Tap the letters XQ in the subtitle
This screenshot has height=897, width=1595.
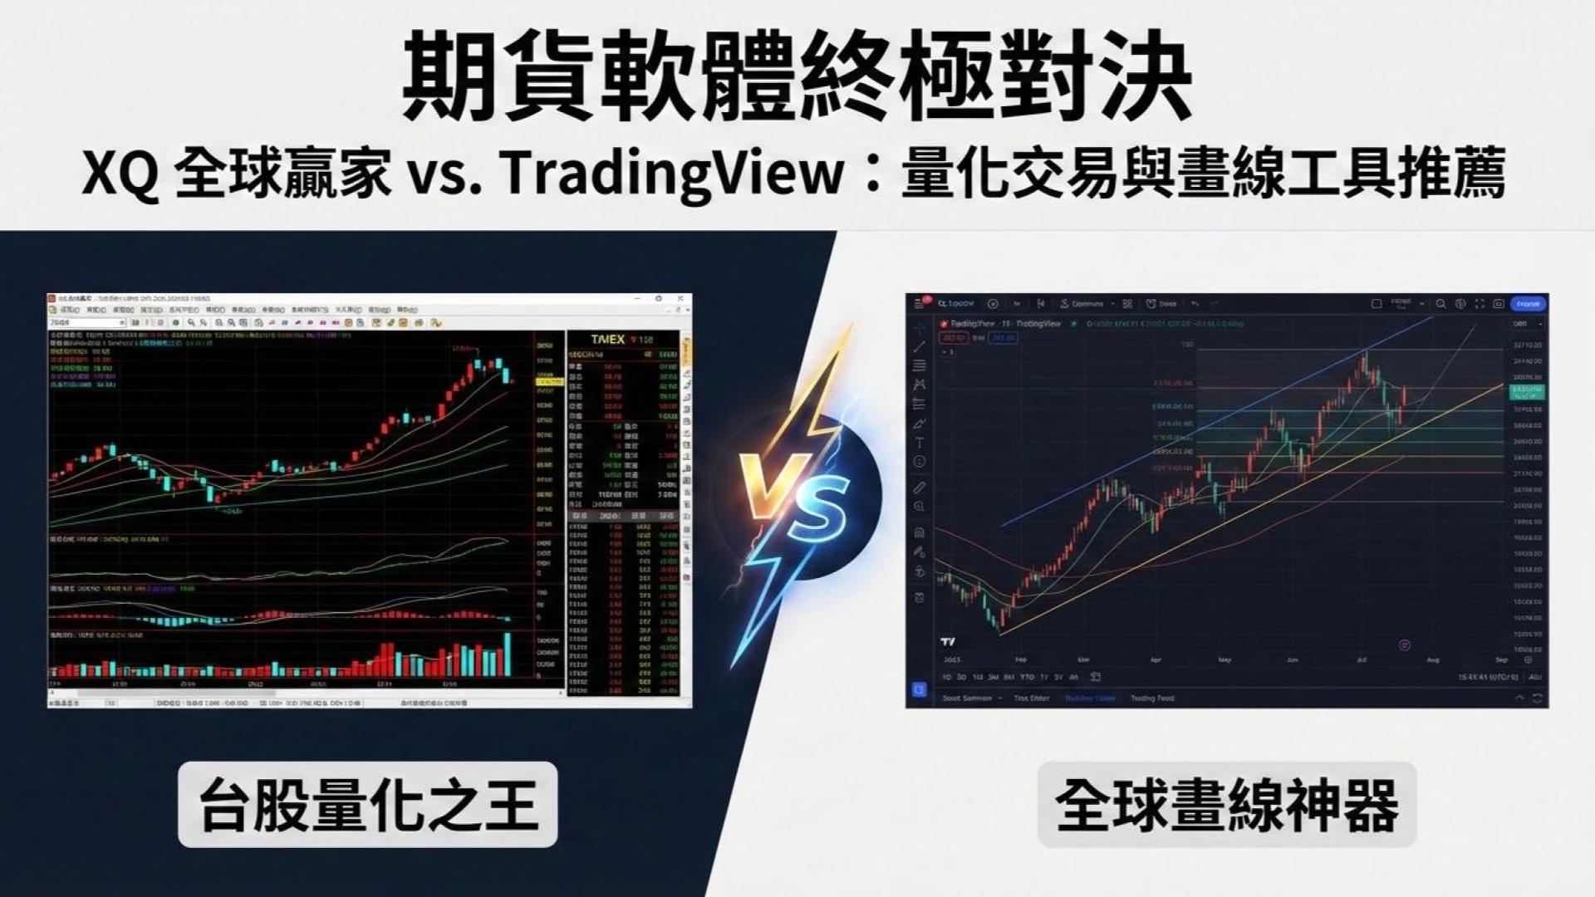(x=120, y=174)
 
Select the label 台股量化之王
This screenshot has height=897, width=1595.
(x=367, y=804)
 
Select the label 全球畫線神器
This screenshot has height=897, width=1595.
(x=1226, y=804)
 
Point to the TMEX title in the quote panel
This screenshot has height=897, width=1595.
(x=607, y=339)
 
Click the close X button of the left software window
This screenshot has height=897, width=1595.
(x=681, y=298)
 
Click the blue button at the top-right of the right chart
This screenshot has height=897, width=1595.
(x=1528, y=304)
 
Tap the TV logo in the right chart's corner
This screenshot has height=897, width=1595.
(x=947, y=641)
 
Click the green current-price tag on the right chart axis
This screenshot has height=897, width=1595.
(x=1527, y=391)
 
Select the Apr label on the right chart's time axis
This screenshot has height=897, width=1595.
(x=1156, y=659)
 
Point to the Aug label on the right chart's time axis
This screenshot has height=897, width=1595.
(x=1432, y=659)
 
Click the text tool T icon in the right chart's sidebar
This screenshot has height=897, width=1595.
(x=920, y=443)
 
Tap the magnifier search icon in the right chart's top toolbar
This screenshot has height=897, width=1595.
(x=1441, y=304)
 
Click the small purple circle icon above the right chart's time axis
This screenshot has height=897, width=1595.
(x=1405, y=645)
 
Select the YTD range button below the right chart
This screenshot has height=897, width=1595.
(x=1027, y=677)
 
